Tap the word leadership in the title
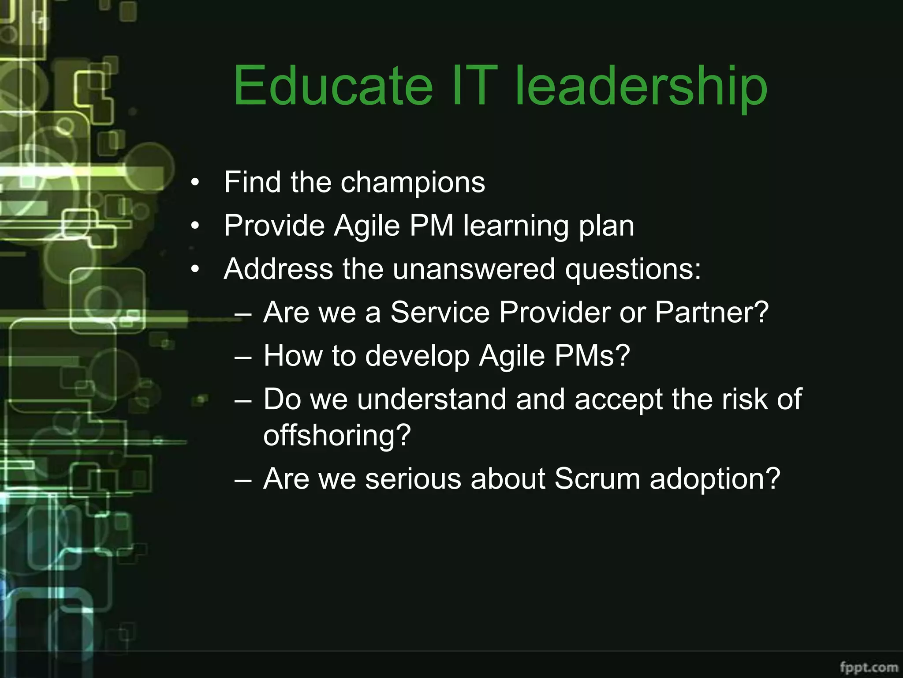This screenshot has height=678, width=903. [641, 86]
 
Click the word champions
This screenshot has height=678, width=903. [413, 182]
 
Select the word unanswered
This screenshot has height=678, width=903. [474, 269]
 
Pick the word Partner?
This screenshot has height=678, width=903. [712, 313]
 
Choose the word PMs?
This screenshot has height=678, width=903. [592, 356]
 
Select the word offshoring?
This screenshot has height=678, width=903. [337, 435]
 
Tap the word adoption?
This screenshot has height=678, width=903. [715, 479]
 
